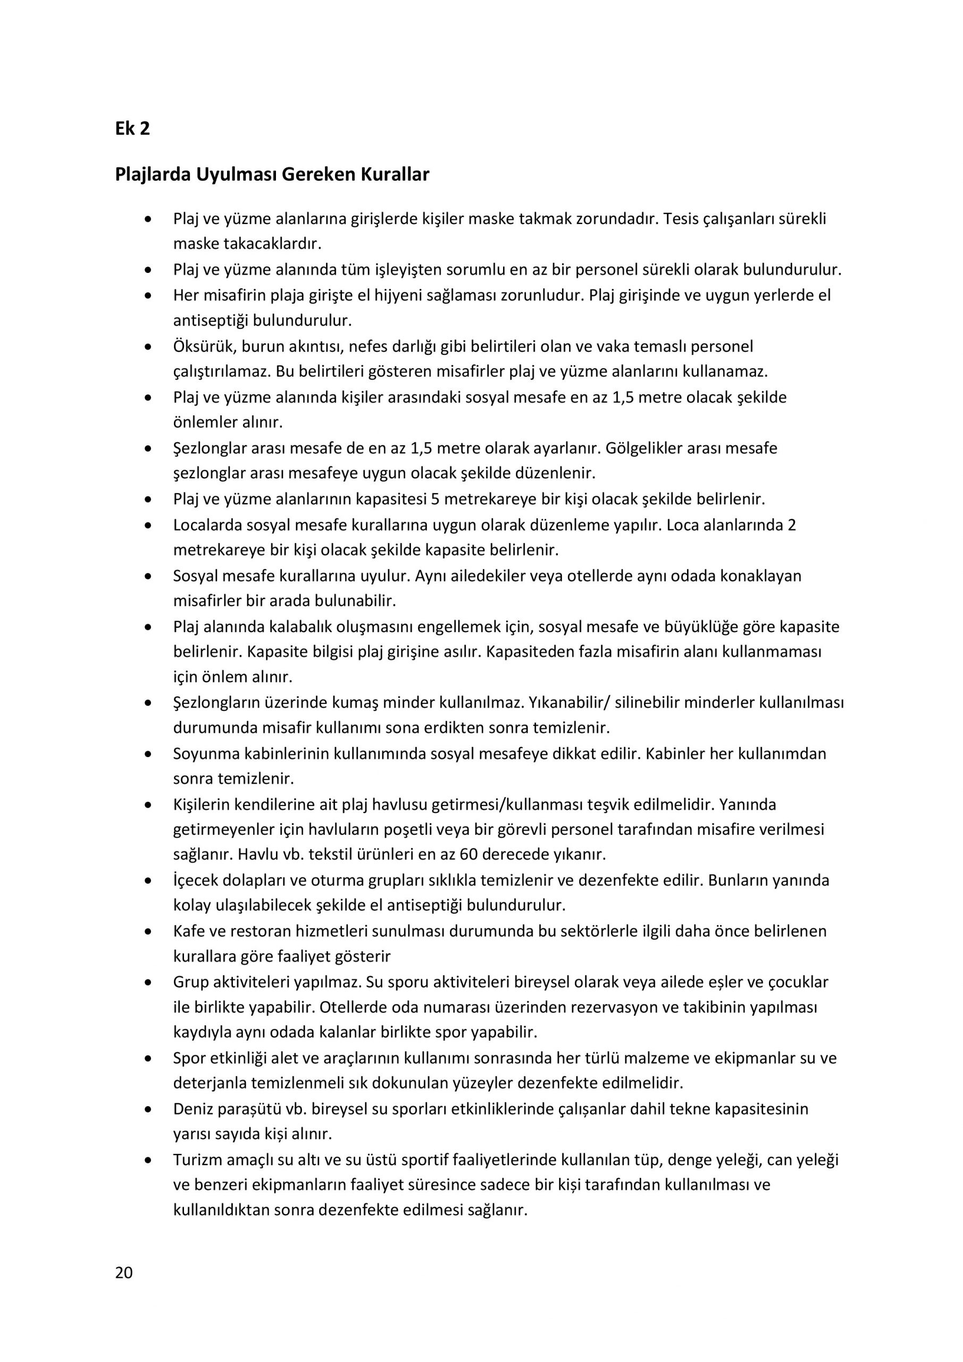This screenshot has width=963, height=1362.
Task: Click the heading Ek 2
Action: tap(132, 128)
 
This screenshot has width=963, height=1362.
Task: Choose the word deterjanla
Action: tap(210, 1083)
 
